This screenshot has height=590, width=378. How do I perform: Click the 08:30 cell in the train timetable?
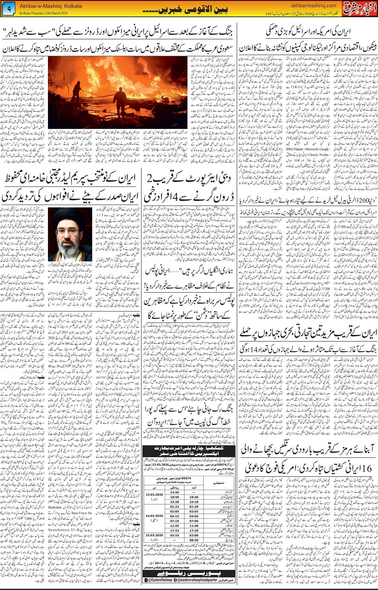point(194,540)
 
